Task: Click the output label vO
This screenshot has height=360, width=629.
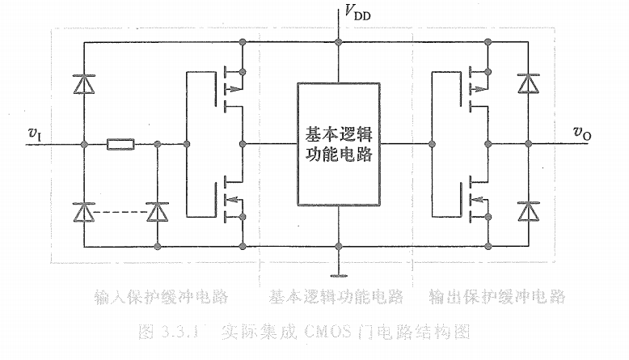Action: tap(582, 133)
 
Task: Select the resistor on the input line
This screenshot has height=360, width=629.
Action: tap(120, 145)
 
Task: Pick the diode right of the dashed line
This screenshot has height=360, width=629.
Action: tap(157, 211)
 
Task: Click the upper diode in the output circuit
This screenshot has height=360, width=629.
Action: tap(529, 83)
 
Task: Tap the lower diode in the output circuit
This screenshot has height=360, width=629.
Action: tap(529, 211)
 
